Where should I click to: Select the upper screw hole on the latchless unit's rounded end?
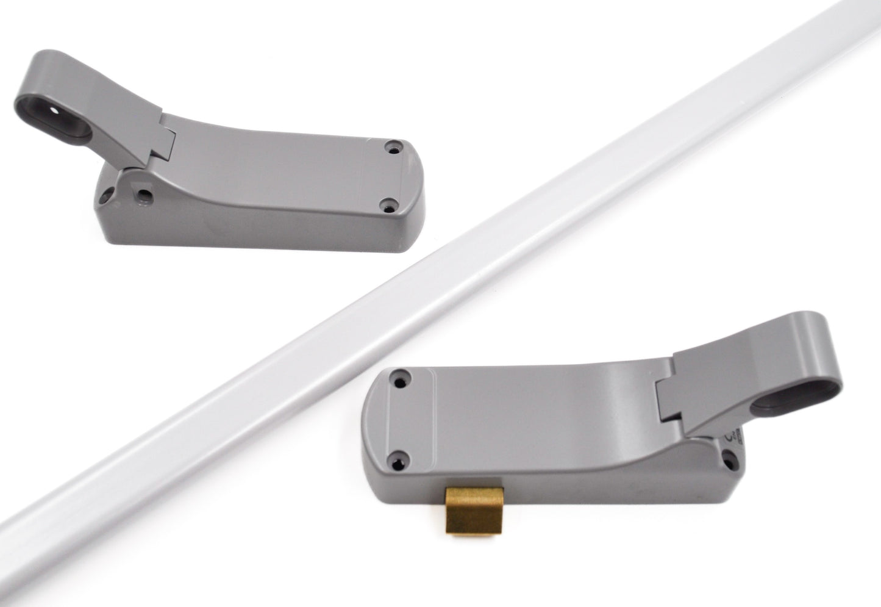tap(389, 146)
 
